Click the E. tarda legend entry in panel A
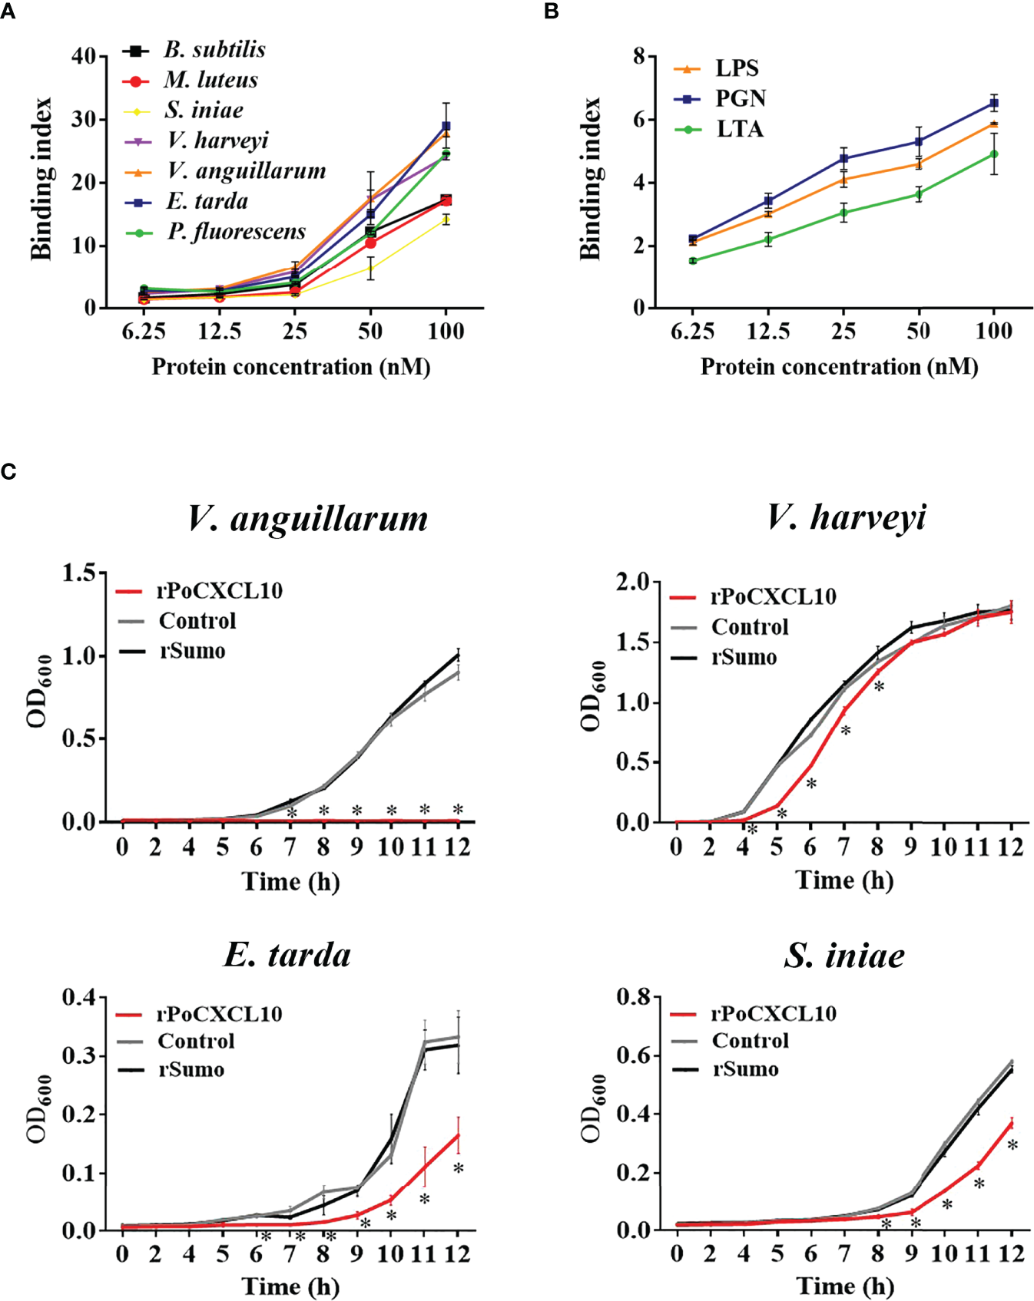point(207,202)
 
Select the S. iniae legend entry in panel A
point(204,111)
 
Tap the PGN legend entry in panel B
point(740,99)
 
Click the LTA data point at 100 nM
point(993,154)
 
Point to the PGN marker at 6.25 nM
point(693,239)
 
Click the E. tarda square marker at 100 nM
point(446,126)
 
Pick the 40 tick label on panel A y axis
point(84,56)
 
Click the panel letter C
point(8,471)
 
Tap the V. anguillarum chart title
point(308,518)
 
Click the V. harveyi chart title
point(846,517)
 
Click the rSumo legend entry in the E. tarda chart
point(191,1069)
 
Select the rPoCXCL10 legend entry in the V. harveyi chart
point(773,597)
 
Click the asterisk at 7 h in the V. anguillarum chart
point(291,813)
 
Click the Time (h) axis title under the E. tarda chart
point(290,1286)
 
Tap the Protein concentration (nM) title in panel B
point(839,367)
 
